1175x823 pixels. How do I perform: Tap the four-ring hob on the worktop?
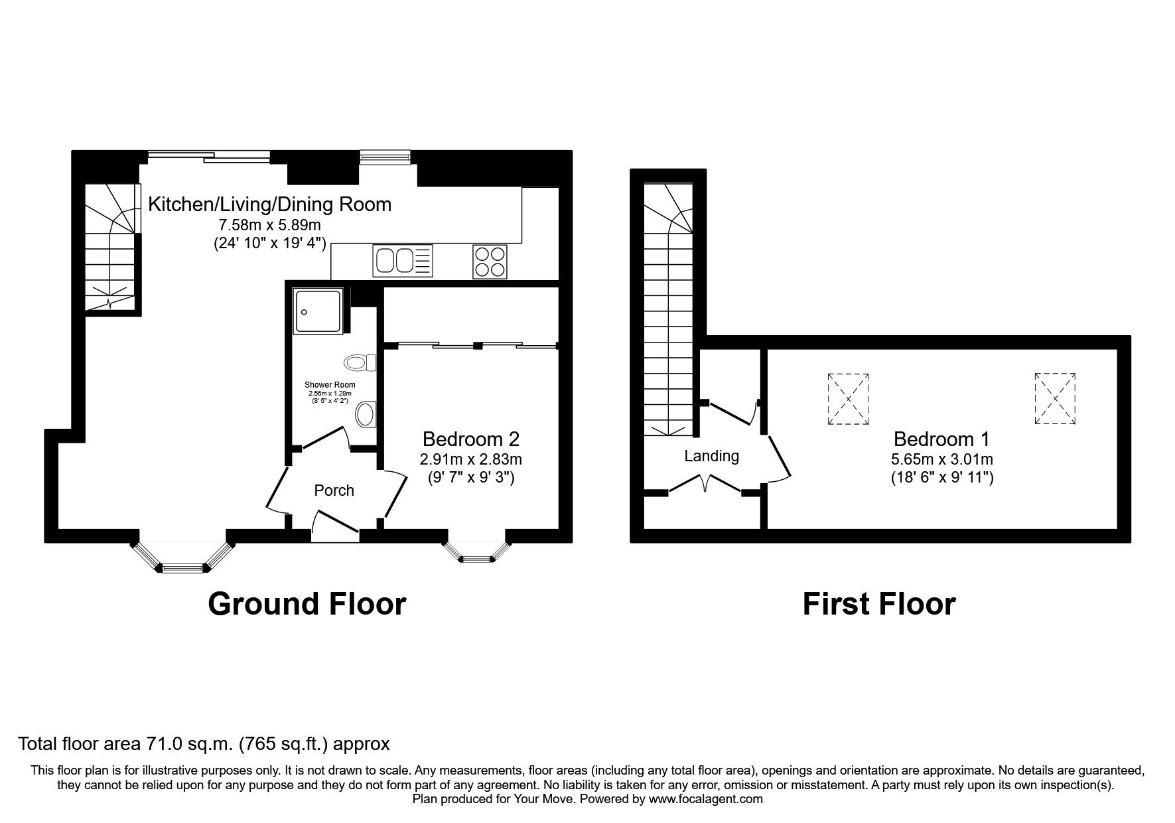[490, 261]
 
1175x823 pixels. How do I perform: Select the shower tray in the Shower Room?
[319, 310]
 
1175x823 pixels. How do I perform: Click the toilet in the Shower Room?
[360, 363]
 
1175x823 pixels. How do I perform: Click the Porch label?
[334, 490]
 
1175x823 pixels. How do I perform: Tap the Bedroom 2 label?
[470, 439]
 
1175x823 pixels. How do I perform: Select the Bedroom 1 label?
[941, 439]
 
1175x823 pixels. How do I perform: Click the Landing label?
[711, 456]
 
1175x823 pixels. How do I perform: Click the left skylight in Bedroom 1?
[848, 398]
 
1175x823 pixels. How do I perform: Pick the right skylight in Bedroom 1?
[1054, 398]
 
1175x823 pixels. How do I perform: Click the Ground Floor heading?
[307, 604]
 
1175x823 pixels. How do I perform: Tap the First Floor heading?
[878, 604]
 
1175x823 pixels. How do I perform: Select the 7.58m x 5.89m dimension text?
[269, 225]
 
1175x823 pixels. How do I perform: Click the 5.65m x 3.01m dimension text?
[941, 459]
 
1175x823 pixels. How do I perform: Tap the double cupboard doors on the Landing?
[705, 483]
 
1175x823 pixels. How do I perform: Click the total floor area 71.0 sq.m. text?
[204, 744]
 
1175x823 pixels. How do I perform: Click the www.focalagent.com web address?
[705, 799]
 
